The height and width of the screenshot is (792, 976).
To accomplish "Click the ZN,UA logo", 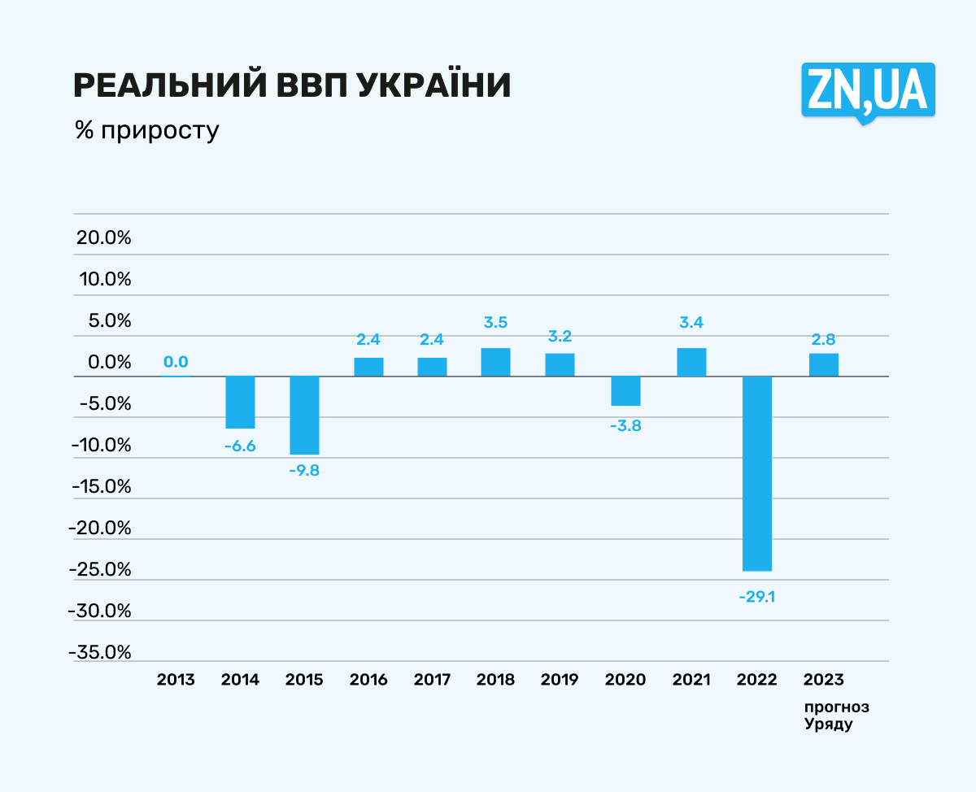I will click(868, 90).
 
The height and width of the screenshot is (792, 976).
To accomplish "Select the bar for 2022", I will click(757, 473).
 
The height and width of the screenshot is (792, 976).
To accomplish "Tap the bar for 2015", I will click(304, 415).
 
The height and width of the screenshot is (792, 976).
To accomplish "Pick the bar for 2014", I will click(240, 402).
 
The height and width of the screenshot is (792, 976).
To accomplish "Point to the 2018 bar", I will click(495, 362).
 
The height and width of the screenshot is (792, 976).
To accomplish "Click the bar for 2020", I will click(625, 390).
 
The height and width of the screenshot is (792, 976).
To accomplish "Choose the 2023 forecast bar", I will click(823, 364).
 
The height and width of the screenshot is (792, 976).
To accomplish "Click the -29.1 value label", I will click(757, 596).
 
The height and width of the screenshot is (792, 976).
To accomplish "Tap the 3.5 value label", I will click(495, 322).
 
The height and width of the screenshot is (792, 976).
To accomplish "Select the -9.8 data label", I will click(304, 469).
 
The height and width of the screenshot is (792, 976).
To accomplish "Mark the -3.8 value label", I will click(625, 425).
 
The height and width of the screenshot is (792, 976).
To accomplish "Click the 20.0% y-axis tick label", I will click(103, 238).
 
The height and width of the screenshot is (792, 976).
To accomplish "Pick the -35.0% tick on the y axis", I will click(100, 652).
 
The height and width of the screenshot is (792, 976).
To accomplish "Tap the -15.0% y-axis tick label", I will click(100, 486).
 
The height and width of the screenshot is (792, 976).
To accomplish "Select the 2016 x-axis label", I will click(368, 680).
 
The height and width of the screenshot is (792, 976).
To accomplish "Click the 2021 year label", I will click(691, 680).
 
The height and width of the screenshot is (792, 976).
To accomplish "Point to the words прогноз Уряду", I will click(830, 715).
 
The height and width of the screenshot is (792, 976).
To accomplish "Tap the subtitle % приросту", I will click(146, 131).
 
